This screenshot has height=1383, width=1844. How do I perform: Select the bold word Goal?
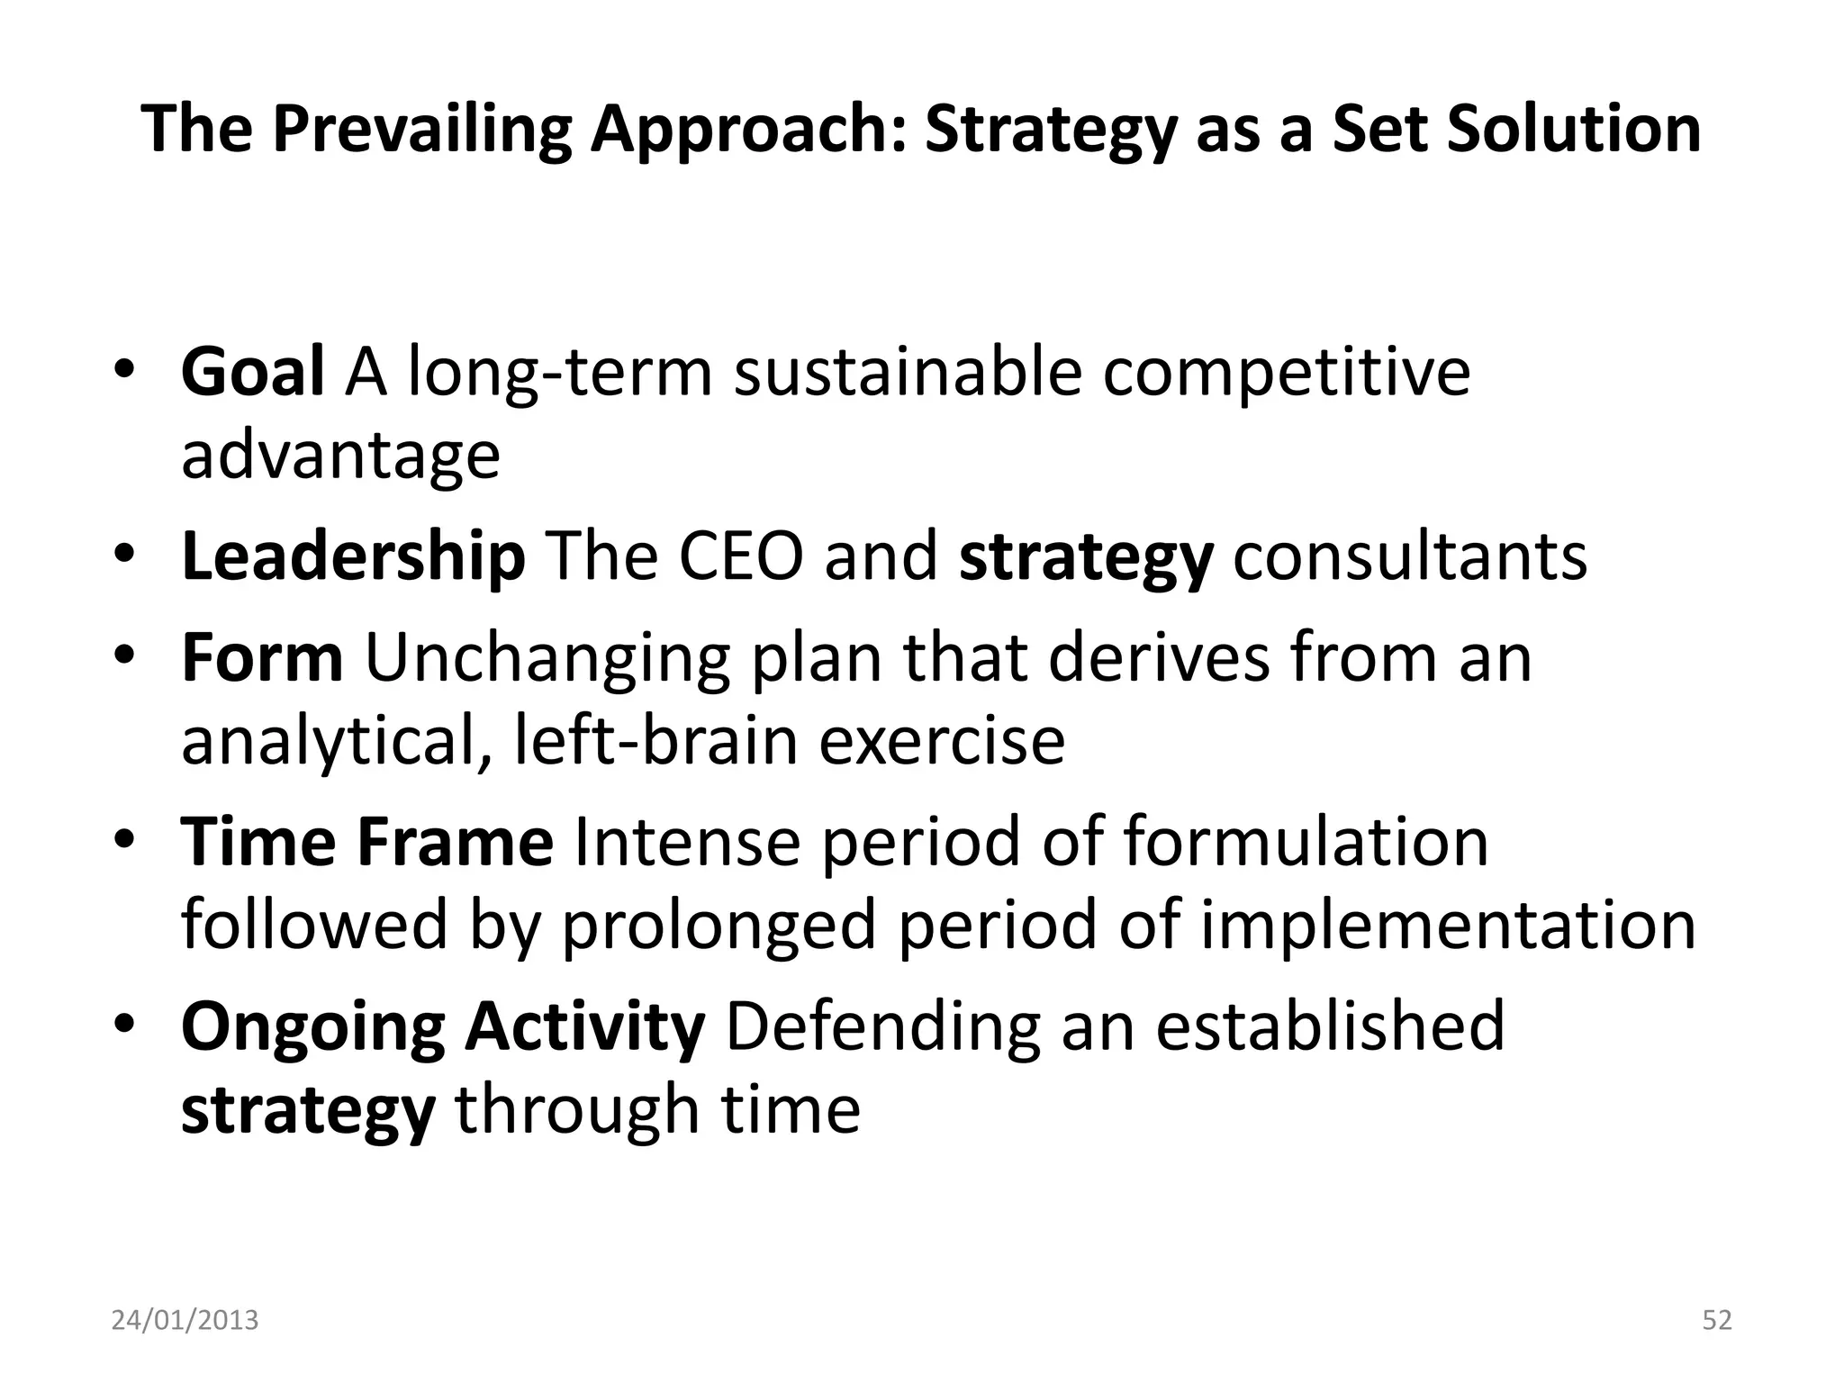[252, 372]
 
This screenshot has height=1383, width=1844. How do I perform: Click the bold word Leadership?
[353, 557]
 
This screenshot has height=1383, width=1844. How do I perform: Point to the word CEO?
[740, 557]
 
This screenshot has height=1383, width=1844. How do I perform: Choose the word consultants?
[1409, 557]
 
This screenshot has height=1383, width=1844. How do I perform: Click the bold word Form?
[262, 658]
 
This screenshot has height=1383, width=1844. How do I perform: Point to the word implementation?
[1448, 925]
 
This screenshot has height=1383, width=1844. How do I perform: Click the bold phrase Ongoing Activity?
[443, 1026]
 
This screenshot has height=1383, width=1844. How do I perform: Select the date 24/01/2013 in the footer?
[185, 1320]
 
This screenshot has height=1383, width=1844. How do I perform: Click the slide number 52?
[1716, 1320]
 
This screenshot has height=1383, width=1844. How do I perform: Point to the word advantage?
[340, 456]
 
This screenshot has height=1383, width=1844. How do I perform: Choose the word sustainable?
[908, 372]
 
